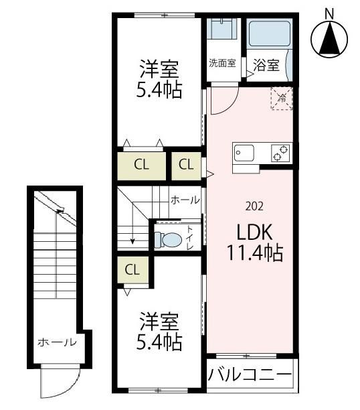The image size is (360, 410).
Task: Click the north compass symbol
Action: tap(329, 40)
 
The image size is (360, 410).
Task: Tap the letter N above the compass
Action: tap(329, 12)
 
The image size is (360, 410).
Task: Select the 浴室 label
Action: tap(266, 65)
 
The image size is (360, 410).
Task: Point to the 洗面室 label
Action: tap(221, 64)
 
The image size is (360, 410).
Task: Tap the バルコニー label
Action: tap(249, 374)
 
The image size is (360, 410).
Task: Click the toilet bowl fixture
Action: tap(169, 238)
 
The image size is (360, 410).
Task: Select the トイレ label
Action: tap(190, 238)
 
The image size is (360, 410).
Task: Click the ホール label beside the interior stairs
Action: tap(185, 200)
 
